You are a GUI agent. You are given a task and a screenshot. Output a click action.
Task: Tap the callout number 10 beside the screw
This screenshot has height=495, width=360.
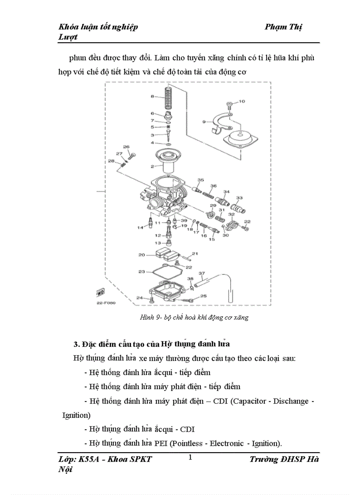[x=241, y=102]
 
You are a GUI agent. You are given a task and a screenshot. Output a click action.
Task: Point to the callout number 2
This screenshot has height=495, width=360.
[x=152, y=167]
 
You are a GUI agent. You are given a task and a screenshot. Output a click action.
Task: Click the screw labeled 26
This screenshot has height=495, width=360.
[x=131, y=154]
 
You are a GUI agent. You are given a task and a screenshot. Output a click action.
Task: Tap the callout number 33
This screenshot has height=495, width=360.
[x=239, y=198]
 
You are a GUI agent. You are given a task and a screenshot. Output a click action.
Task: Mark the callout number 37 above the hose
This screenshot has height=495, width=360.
[x=202, y=273]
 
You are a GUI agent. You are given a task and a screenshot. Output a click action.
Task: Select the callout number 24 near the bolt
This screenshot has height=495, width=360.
[x=139, y=298]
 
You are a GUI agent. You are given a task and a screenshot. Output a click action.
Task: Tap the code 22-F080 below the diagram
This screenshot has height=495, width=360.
[x=106, y=303]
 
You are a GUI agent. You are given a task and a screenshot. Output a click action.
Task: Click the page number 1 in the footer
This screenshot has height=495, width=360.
[x=190, y=457]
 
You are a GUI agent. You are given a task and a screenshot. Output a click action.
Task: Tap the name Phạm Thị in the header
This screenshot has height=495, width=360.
[x=283, y=27]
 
